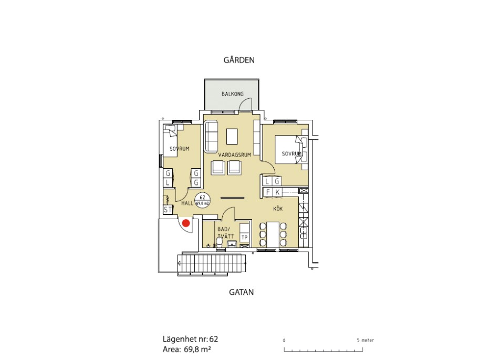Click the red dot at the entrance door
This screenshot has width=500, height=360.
coord(186,223)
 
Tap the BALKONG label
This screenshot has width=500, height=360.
coord(233,94)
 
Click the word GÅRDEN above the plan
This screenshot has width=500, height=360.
coord(239,60)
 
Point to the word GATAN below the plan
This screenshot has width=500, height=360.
coord(242,292)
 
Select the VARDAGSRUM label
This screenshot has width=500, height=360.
coord(234,155)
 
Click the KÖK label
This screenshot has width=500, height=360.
coord(278,209)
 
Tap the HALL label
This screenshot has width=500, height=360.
coord(187,203)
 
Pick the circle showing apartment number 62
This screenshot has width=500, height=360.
coord(202,200)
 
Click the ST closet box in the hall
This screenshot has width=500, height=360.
coord(168,209)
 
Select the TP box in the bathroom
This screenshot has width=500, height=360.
coord(244,238)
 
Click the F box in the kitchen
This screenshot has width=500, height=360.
coord(268,192)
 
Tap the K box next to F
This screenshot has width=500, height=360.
coord(277,192)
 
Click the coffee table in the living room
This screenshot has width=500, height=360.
coord(232,136)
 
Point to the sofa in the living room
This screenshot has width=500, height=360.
coord(211,136)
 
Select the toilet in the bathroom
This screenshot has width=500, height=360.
coord(220,242)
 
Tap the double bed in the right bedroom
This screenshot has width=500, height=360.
coord(291,150)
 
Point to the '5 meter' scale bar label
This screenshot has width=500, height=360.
coord(365,340)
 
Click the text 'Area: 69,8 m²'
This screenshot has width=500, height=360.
coord(187,349)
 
